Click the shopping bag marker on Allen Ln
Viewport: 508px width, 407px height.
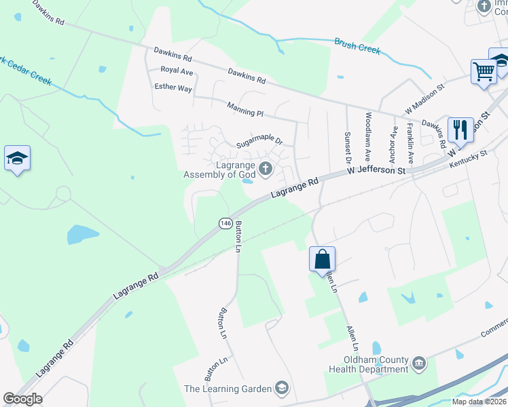click(x=322, y=259)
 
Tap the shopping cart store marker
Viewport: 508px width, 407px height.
click(x=484, y=71)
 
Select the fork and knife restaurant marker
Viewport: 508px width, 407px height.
click(x=460, y=130)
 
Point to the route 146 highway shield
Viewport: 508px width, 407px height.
click(x=224, y=222)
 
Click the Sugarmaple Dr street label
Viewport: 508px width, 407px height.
click(x=259, y=142)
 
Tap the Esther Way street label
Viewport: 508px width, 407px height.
click(x=174, y=88)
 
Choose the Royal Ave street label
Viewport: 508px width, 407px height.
click(x=177, y=71)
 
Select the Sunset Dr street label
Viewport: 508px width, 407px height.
click(x=347, y=149)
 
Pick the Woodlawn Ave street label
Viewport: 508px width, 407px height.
click(x=368, y=136)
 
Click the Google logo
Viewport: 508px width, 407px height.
click(x=23, y=399)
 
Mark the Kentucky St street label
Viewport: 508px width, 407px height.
click(x=469, y=155)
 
